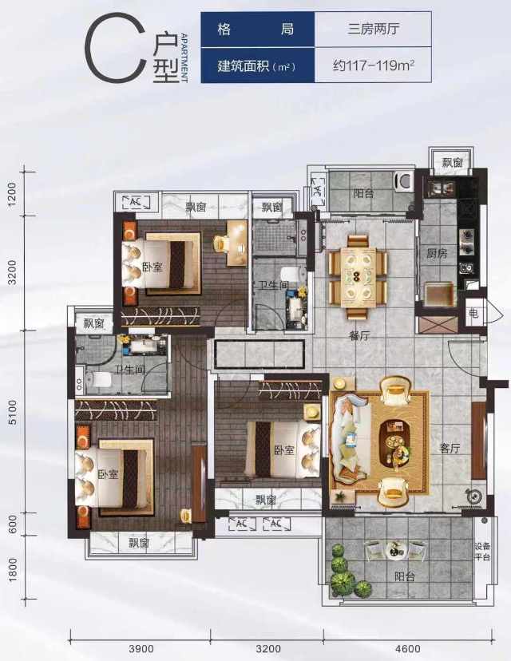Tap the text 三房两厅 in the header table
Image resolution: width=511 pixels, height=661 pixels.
(374, 29)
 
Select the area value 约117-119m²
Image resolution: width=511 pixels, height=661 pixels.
(374, 65)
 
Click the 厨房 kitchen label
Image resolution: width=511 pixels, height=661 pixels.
(437, 254)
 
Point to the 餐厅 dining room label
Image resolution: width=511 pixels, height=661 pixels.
(359, 335)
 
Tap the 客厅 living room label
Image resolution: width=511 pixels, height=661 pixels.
(450, 448)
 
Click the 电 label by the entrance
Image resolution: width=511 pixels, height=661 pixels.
(473, 313)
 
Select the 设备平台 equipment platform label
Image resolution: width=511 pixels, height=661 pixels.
(482, 552)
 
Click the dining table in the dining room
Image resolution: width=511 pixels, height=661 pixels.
(358, 277)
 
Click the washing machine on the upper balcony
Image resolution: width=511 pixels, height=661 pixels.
(403, 182)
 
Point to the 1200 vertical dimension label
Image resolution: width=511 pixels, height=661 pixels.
(12, 193)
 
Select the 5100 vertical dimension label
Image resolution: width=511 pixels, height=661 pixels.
(13, 412)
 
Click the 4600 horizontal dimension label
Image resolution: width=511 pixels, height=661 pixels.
(408, 648)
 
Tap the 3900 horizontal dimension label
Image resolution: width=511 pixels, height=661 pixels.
(141, 648)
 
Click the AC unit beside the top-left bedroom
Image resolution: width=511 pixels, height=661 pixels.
(136, 202)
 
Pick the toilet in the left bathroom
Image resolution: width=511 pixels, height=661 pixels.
(99, 380)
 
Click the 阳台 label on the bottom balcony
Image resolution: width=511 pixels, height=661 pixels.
(405, 576)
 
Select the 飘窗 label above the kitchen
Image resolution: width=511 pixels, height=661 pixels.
(452, 162)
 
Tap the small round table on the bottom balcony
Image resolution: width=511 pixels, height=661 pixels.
(395, 550)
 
